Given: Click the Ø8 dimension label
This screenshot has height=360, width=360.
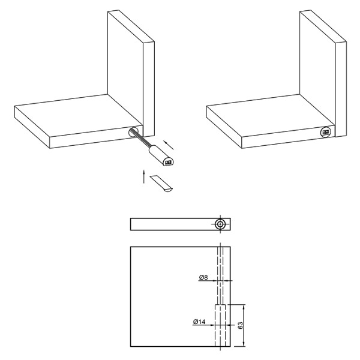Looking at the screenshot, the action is tap(203, 277).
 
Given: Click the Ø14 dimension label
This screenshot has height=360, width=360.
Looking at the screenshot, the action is tap(199, 322).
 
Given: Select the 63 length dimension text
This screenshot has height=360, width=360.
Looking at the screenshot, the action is tap(240, 325).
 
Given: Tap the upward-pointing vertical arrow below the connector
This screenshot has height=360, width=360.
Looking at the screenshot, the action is tap(144, 176).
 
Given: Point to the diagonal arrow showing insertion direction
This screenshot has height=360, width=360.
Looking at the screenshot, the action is tap(169, 145).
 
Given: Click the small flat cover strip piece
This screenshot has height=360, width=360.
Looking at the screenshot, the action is tap(161, 184).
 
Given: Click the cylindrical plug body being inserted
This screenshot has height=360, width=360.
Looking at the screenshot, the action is tap(161, 155).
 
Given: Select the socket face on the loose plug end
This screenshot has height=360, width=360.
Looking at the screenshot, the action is tap(169, 162).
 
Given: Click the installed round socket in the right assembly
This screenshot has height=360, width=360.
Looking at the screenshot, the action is tap(326, 132).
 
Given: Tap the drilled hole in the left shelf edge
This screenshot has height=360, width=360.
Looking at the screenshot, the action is tap(133, 132).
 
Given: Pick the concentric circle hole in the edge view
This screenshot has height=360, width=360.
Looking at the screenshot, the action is tap(220, 224).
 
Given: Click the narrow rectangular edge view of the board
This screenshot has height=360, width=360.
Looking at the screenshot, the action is tap(181, 224).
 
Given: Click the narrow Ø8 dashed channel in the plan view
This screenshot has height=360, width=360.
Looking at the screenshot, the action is tap(220, 275).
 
